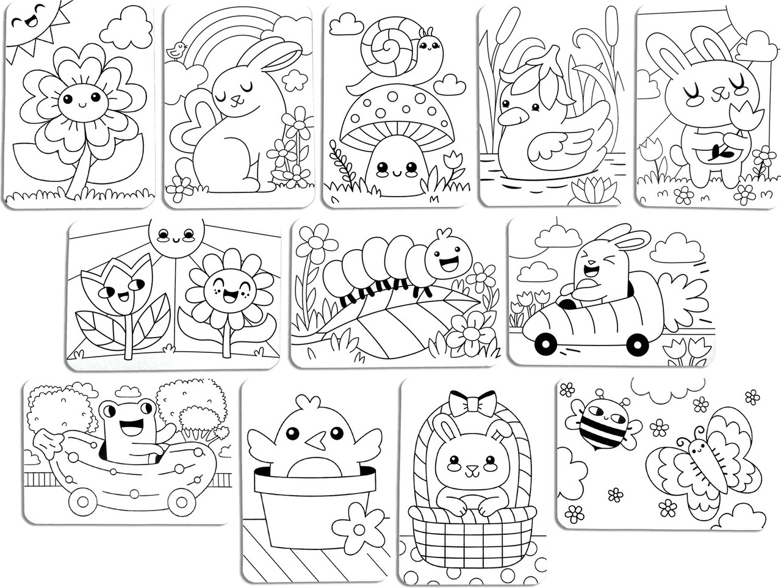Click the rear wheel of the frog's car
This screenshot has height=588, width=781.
point(80,502)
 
